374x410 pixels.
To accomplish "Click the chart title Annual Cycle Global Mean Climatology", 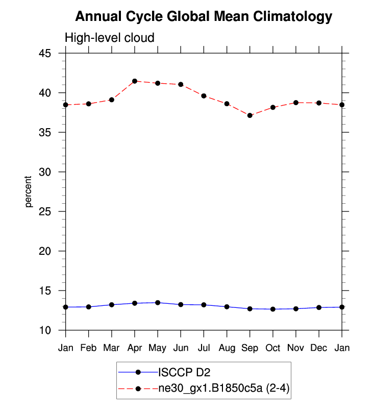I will [204, 17].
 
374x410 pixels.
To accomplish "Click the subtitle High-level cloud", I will [109, 38].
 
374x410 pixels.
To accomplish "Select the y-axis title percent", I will [29, 191].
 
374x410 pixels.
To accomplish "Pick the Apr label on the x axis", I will [135, 348].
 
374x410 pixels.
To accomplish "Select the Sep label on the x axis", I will [250, 348].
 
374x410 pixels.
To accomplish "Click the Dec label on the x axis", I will [319, 348].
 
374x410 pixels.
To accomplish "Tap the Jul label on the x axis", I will [204, 348].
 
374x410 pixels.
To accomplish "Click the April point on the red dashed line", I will [135, 81].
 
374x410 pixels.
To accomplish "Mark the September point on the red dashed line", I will [250, 115].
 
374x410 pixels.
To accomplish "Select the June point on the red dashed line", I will [181, 84].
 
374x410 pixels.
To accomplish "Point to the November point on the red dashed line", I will [296, 103].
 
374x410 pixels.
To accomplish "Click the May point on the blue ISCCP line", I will [158, 303].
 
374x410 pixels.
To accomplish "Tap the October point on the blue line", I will [273, 309].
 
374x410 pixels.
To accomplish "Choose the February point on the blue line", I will [89, 307].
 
